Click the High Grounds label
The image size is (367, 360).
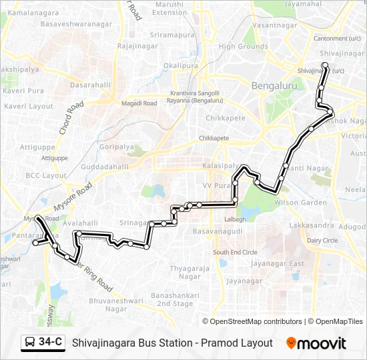[x=244, y=47]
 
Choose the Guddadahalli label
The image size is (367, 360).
[x=105, y=167]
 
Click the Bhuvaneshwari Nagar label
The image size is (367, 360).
[x=107, y=305]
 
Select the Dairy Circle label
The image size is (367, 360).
[x=322, y=240]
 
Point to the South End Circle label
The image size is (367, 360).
[x=235, y=252]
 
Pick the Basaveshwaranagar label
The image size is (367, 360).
[x=76, y=24]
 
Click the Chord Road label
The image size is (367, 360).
[x=71, y=118]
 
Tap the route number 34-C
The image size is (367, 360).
[x=51, y=343]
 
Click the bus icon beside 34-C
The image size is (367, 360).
[x=30, y=343]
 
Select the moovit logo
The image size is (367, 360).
[x=316, y=343]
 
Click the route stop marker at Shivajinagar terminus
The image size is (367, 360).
[x=325, y=65]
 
